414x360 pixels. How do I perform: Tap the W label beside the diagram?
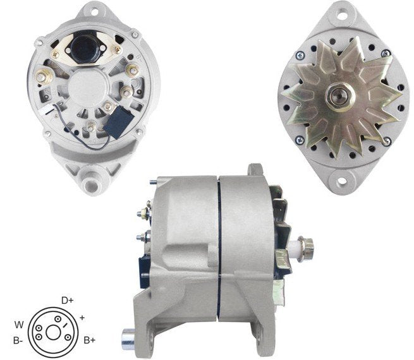(19, 325)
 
